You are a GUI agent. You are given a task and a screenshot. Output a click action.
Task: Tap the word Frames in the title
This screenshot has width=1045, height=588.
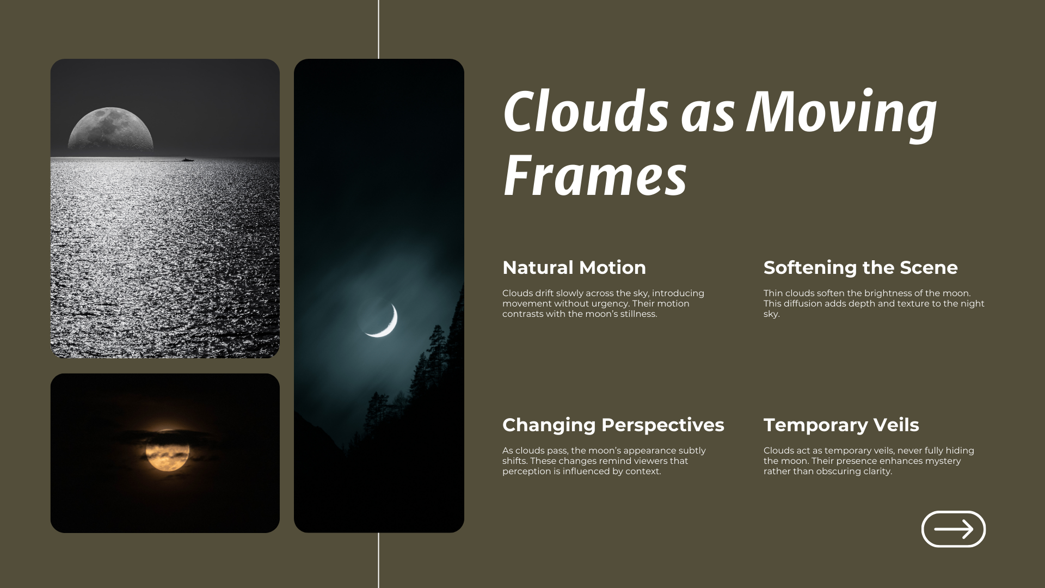point(595,175)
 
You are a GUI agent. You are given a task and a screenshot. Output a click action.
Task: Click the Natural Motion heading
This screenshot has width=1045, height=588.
point(574,267)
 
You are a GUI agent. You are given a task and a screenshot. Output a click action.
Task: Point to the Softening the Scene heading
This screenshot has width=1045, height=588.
point(860,268)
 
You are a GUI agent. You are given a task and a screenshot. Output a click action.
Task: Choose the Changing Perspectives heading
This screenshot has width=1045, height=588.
point(613,425)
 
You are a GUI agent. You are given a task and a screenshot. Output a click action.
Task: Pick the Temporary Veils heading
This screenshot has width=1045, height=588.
point(841,425)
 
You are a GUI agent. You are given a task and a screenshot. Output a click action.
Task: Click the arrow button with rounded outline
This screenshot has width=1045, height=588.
point(954,529)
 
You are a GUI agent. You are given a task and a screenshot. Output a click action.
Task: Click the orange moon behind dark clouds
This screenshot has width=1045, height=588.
point(168,450)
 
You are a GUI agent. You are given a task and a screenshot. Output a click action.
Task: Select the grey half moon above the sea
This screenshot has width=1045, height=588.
point(110,130)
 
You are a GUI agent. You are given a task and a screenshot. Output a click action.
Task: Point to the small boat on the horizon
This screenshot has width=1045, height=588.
point(188,160)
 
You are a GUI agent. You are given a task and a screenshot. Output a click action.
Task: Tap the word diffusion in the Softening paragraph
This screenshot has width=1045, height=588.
point(802,304)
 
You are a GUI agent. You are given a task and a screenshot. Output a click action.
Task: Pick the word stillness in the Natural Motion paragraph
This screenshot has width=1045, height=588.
point(639,314)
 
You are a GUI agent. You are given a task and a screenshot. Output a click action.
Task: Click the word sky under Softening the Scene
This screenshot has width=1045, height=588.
point(771,314)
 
